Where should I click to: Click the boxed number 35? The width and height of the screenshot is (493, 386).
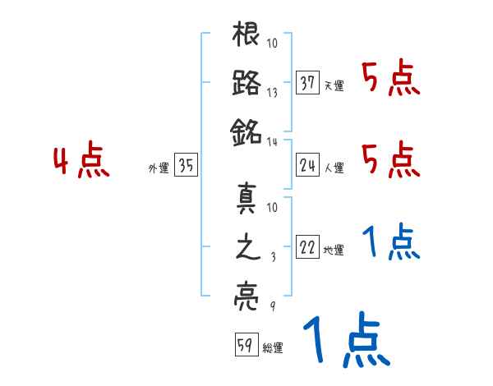186,167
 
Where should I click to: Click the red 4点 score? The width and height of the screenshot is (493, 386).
80,161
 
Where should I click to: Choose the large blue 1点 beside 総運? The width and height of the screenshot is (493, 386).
345,342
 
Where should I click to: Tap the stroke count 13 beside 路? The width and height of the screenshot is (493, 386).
273,93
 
